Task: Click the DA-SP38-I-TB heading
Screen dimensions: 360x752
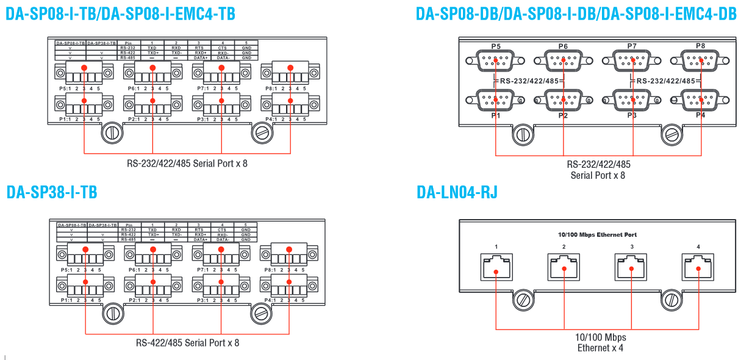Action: pyautogui.click(x=52, y=192)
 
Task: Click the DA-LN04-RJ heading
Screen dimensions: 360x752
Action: pyautogui.click(x=457, y=193)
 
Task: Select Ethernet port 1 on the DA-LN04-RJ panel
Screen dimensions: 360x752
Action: pyautogui.click(x=496, y=267)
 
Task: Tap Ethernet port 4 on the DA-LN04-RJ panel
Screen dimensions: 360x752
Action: pyautogui.click(x=698, y=267)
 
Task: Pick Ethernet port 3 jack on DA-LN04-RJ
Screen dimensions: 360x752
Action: pyautogui.click(x=631, y=267)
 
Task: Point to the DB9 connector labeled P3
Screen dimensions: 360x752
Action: pyautogui.click(x=632, y=99)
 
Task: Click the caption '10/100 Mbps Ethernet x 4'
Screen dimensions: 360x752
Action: pyautogui.click(x=601, y=342)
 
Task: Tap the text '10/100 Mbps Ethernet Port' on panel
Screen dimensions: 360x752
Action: pyautogui.click(x=597, y=234)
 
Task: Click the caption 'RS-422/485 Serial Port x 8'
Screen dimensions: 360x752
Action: pyautogui.click(x=187, y=343)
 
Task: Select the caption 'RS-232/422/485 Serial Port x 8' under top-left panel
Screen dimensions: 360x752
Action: pyautogui.click(x=187, y=164)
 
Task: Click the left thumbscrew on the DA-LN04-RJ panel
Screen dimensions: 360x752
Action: pyautogui.click(x=523, y=300)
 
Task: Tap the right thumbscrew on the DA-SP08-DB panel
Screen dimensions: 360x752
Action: pyautogui.click(x=671, y=133)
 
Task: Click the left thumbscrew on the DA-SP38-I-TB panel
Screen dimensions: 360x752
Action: pyautogui.click(x=112, y=312)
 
